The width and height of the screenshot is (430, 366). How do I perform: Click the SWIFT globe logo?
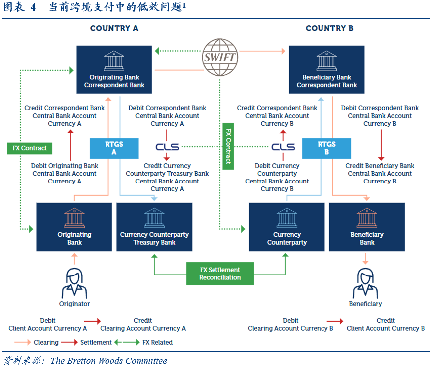tap(219, 57)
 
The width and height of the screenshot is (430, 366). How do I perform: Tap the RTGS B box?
tap(326, 148)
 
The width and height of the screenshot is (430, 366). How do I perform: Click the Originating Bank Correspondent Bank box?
tap(114, 70)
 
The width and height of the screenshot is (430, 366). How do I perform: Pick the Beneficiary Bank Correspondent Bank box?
tap(326, 70)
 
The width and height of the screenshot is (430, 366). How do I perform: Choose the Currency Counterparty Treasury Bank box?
tap(154, 227)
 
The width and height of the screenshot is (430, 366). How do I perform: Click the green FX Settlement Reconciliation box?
tap(220, 274)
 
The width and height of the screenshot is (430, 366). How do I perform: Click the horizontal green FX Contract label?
tap(30, 148)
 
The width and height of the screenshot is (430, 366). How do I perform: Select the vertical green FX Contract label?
tap(228, 146)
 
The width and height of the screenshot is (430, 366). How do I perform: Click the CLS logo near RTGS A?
tap(167, 147)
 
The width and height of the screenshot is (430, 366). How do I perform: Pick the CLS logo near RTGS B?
tap(283, 147)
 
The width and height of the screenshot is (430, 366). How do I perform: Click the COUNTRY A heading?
tap(114, 28)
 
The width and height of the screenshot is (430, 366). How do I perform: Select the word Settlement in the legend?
tap(96, 342)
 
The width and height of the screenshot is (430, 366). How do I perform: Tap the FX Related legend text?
tap(157, 342)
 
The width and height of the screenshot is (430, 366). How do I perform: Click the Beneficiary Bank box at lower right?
tap(367, 227)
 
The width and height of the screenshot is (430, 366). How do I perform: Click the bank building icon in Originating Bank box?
tap(75, 218)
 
